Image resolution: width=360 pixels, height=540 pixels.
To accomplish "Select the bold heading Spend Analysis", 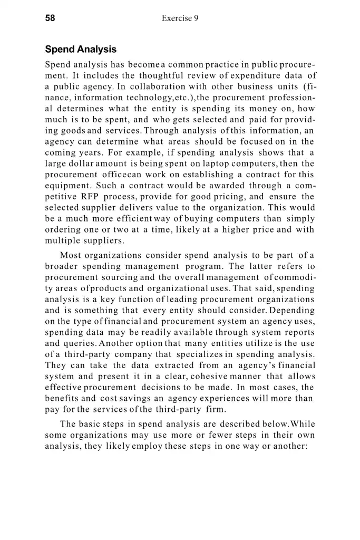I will pos(81,50).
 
